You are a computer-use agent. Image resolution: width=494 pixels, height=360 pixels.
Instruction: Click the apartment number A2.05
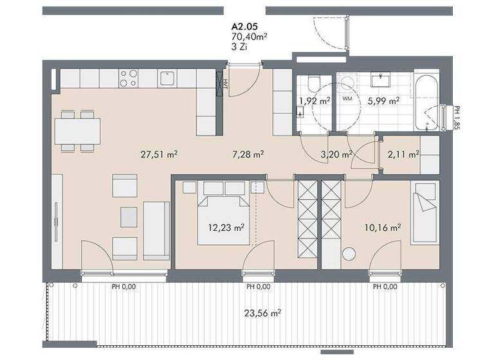(245, 27)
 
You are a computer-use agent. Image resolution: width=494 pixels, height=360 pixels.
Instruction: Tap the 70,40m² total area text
(249, 37)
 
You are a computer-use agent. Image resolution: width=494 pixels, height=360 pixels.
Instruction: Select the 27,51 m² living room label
(159, 154)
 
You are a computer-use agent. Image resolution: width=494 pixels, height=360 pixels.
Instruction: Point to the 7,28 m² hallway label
(249, 154)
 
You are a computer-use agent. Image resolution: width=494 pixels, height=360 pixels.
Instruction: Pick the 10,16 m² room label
(384, 227)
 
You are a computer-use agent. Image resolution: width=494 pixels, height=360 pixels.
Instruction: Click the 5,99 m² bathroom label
(383, 100)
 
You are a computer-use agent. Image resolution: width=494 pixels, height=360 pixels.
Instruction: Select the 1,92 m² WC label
(315, 100)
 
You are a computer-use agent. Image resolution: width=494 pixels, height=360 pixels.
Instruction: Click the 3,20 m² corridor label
(337, 154)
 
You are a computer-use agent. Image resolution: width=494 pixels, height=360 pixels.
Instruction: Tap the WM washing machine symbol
(347, 99)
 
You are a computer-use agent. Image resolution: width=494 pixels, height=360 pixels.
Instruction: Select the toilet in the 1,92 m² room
(315, 84)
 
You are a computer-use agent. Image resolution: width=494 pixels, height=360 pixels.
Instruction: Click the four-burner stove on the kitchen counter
(128, 78)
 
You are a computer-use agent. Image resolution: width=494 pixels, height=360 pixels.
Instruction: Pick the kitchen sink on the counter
(168, 78)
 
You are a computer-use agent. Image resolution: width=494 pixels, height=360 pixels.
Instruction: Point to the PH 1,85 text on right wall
(456, 118)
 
